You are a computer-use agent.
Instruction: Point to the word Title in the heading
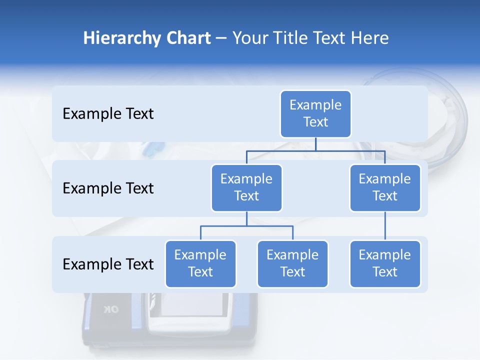click(292, 38)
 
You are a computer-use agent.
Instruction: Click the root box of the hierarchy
click(315, 113)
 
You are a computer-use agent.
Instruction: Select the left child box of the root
click(246, 187)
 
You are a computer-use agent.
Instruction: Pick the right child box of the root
click(385, 187)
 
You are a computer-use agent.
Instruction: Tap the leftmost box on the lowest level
click(200, 263)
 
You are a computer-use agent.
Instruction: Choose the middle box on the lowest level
click(292, 263)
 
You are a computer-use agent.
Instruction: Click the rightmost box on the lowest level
click(385, 263)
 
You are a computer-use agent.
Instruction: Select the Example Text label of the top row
click(108, 113)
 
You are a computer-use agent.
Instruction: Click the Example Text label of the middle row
click(108, 188)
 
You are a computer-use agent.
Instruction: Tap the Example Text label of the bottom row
click(108, 264)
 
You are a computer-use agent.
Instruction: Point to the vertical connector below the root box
click(315, 144)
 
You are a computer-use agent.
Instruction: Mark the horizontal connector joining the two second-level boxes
click(315, 150)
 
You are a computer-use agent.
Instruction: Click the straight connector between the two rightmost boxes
click(385, 225)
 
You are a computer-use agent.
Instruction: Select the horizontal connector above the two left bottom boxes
click(246, 226)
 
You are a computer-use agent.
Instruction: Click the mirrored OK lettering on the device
click(111, 309)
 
